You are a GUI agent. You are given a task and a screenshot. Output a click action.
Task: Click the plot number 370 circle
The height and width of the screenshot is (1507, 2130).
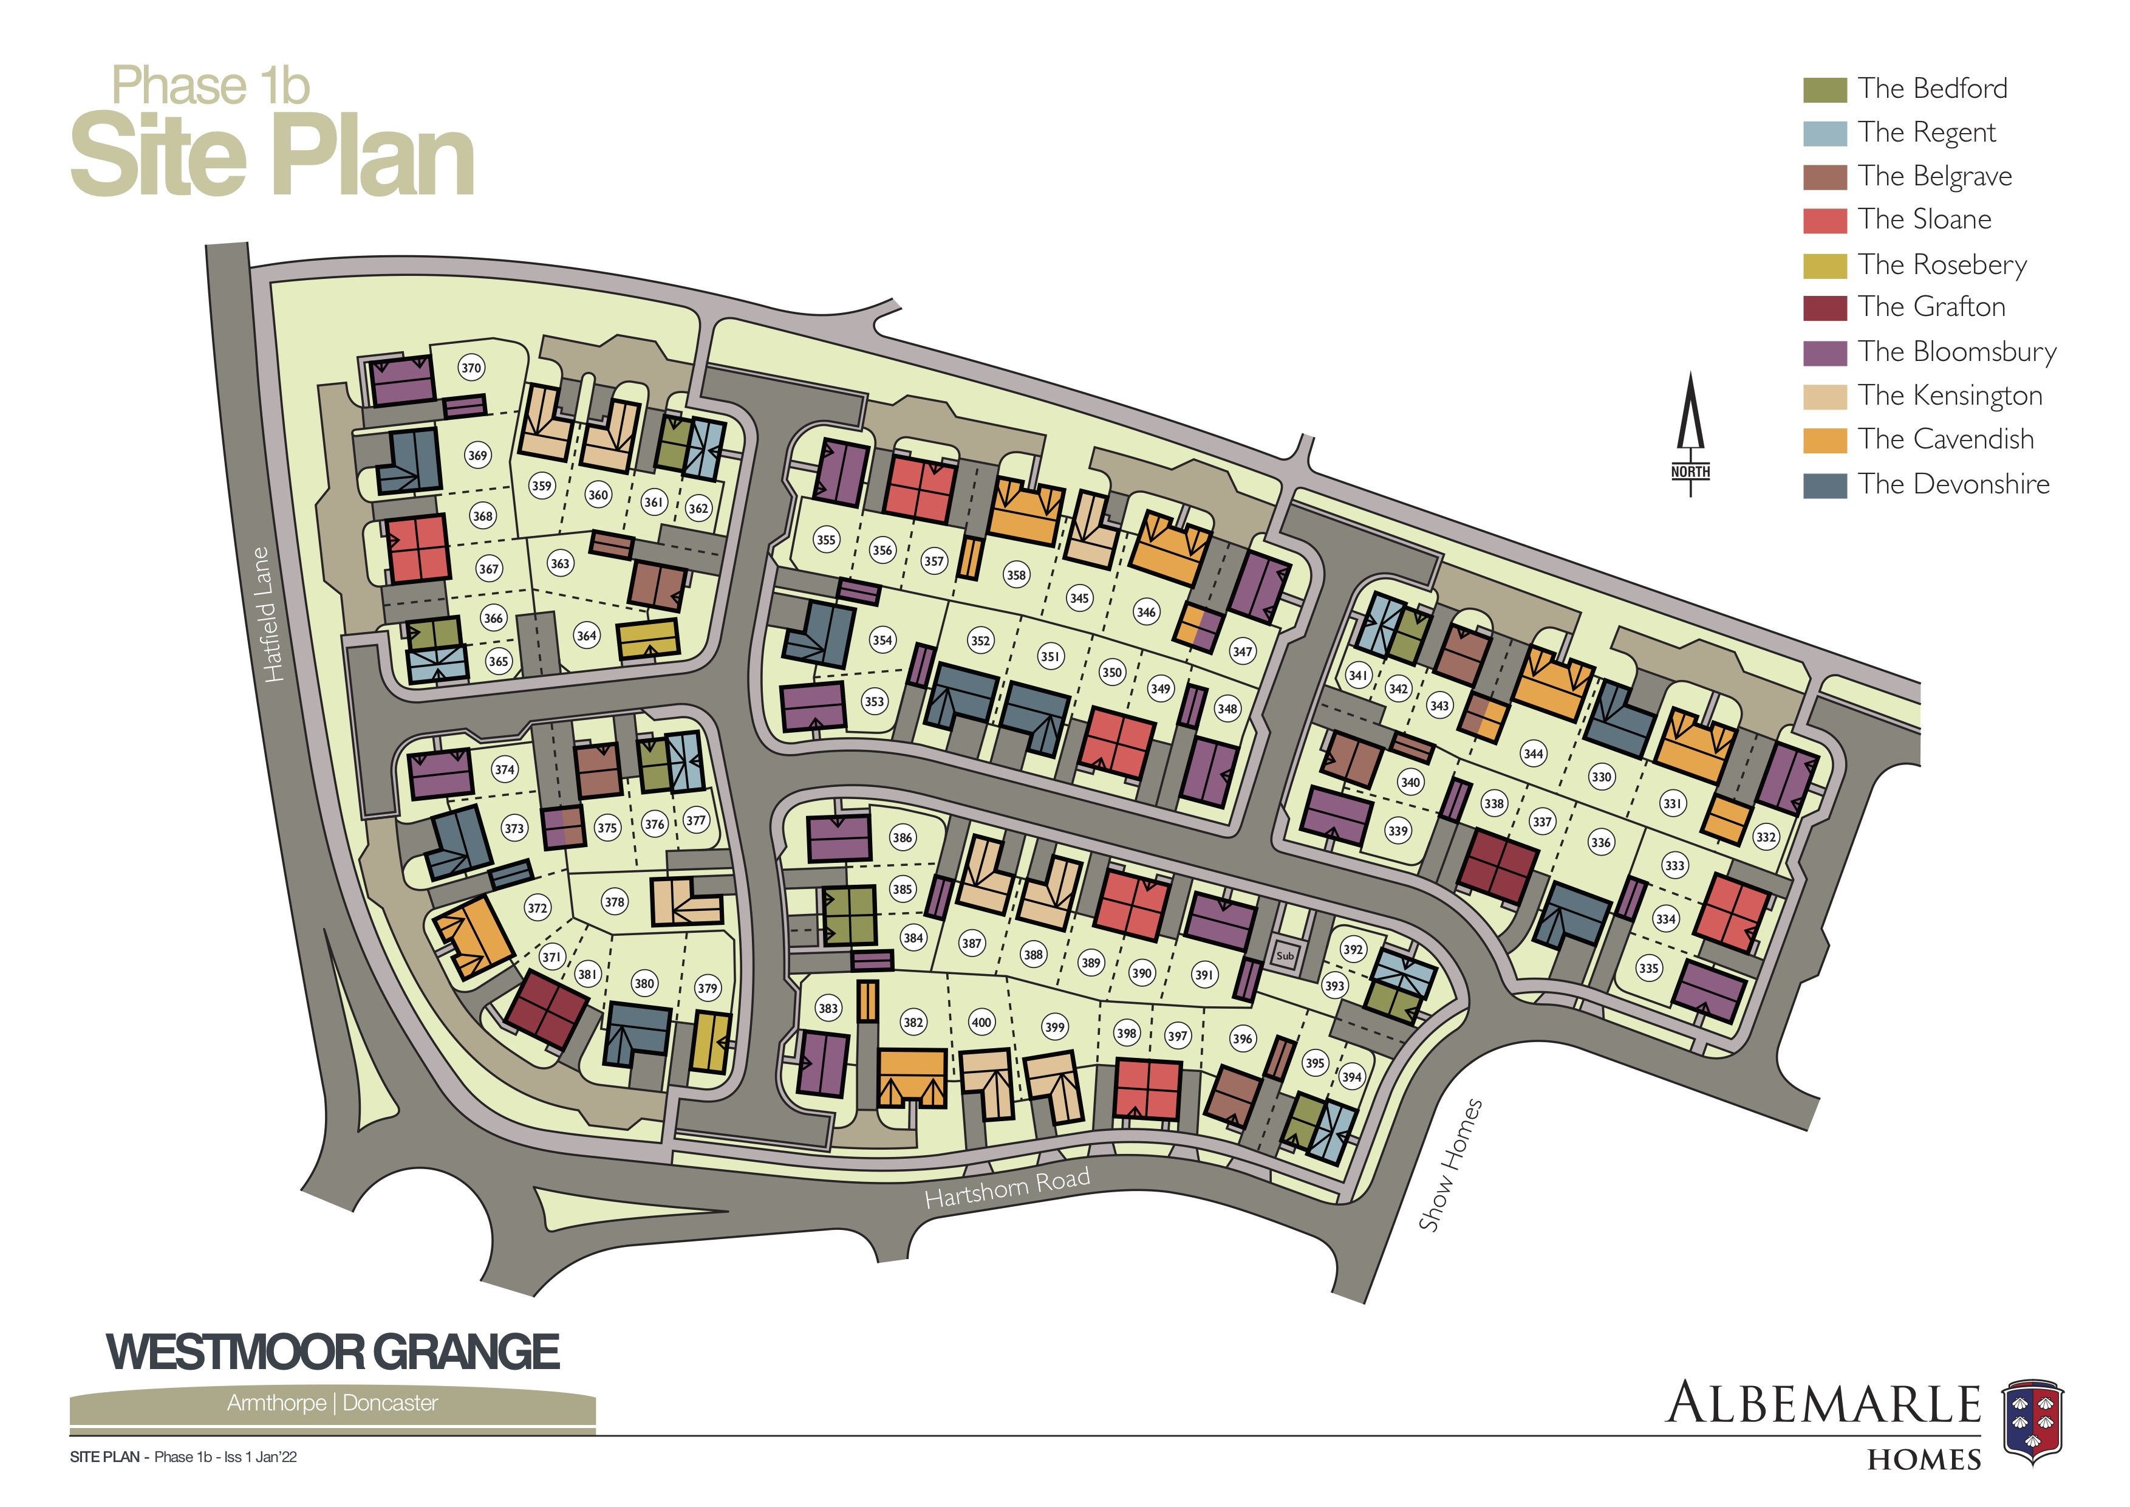[x=471, y=368]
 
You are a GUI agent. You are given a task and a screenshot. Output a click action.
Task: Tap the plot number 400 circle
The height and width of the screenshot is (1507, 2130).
[x=981, y=1023]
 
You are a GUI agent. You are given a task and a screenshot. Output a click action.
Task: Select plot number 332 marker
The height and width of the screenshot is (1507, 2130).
[x=1766, y=836]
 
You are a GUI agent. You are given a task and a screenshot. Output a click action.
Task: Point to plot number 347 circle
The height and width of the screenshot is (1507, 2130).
[x=1242, y=651]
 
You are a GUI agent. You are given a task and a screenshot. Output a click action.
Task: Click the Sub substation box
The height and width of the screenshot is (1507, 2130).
[x=1285, y=955]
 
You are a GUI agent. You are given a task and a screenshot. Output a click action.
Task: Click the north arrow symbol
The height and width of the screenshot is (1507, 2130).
[x=1690, y=431]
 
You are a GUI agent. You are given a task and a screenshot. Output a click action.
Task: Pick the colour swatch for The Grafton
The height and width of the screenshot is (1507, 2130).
[x=1824, y=308]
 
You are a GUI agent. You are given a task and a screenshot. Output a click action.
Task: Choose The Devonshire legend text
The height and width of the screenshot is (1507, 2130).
[x=1953, y=484]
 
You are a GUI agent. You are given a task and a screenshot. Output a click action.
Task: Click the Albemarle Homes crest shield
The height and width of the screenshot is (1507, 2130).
[x=2033, y=1422]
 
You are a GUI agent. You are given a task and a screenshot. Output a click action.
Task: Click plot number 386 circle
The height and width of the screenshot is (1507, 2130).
[x=903, y=838]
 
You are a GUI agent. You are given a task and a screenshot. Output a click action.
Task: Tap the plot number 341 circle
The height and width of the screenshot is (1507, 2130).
[x=1358, y=676]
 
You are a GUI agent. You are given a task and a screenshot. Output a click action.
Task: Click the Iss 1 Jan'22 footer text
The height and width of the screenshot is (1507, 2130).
[x=261, y=1457]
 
